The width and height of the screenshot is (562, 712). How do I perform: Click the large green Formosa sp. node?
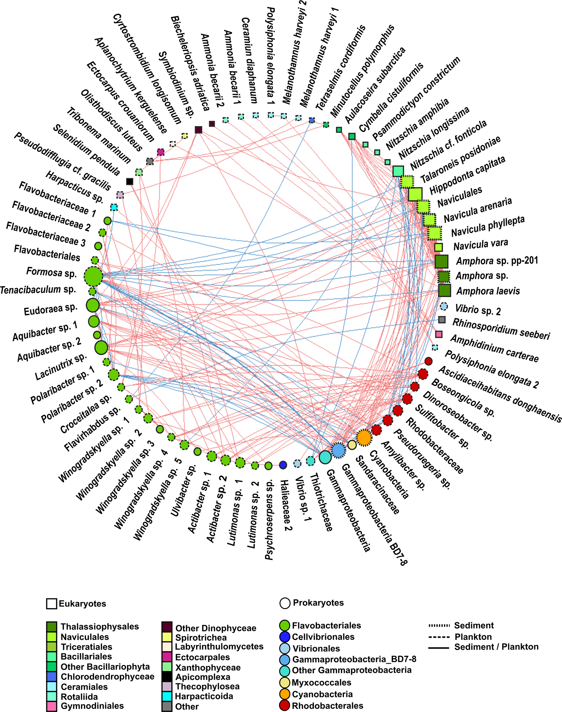pyautogui.click(x=93, y=277)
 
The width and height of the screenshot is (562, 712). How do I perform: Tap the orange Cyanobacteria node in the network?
pyautogui.click(x=364, y=438)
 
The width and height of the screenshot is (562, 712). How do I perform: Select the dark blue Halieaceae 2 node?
pyautogui.click(x=283, y=464)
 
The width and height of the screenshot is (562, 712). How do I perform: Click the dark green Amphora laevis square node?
pyautogui.click(x=445, y=290)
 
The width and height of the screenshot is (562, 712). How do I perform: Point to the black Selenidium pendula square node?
pyautogui.click(x=130, y=181)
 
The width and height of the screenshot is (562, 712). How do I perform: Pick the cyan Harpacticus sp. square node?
pyautogui.click(x=114, y=208)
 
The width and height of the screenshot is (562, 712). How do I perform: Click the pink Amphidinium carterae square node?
pyautogui.click(x=439, y=334)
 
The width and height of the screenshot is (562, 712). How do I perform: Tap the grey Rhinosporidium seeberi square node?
pyautogui.click(x=442, y=319)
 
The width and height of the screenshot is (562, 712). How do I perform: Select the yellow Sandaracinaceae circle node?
pyautogui.click(x=352, y=445)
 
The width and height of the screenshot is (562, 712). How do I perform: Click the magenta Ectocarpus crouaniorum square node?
pyautogui.click(x=161, y=152)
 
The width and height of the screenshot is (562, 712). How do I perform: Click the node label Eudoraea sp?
pyautogui.click(x=50, y=309)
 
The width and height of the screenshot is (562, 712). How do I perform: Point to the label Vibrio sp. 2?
pyautogui.click(x=478, y=309)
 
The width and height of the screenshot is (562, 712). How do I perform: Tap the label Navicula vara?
pyautogui.click(x=481, y=244)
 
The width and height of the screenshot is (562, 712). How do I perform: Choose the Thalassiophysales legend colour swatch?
pyautogui.click(x=52, y=626)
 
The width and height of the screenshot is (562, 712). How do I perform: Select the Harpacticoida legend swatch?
pyautogui.click(x=167, y=696)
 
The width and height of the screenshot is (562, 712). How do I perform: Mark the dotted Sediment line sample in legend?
pyautogui.click(x=439, y=625)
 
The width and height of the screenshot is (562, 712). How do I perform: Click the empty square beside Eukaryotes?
pyautogui.click(x=52, y=604)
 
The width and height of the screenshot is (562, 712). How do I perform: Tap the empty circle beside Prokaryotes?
pyautogui.click(x=285, y=603)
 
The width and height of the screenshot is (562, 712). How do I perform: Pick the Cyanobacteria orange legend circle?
pyautogui.click(x=285, y=694)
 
